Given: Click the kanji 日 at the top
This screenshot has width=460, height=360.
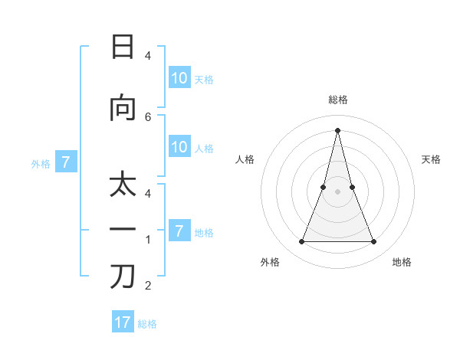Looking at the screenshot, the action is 123,47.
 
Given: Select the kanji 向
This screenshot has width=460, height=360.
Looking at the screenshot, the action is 123,108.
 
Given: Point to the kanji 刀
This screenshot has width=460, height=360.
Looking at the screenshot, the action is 123,277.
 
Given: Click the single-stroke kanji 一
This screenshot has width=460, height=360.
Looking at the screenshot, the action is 123,231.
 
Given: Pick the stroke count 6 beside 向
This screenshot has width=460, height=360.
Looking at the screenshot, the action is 148,116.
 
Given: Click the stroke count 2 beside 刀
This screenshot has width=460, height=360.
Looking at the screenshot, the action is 148,286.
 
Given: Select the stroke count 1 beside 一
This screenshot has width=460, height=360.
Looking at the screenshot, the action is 148,240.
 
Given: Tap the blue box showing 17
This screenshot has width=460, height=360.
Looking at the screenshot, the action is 123,322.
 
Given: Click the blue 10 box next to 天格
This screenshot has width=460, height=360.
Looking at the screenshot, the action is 179,78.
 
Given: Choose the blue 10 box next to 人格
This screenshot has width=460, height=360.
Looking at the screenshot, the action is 179,147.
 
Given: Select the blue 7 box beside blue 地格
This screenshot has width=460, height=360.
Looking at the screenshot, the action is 179,231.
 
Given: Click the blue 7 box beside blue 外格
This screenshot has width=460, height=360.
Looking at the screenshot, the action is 66,162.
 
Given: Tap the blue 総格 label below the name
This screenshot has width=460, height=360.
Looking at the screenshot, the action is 147,324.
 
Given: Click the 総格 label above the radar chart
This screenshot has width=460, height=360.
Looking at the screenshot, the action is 337,100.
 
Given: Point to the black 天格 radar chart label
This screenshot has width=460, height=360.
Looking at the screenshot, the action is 432,159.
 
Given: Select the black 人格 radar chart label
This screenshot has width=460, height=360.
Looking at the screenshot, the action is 245,159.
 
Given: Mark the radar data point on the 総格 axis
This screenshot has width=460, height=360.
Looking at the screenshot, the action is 337,129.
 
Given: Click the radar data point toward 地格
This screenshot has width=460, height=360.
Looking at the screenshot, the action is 374,242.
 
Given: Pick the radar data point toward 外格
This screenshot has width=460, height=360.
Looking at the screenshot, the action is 301,242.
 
